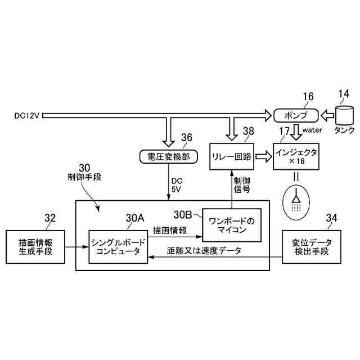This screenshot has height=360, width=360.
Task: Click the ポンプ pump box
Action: tap(295, 115)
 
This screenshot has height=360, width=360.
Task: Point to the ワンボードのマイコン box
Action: tap(232, 224)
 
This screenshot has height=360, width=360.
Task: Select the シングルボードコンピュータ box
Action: tap(118, 246)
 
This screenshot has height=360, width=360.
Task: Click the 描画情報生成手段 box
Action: tap(35, 246)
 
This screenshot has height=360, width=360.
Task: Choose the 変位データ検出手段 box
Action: tap(312, 246)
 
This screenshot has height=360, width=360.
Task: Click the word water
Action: tap(312, 130)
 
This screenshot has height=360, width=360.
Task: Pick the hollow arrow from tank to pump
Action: tap(326, 115)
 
